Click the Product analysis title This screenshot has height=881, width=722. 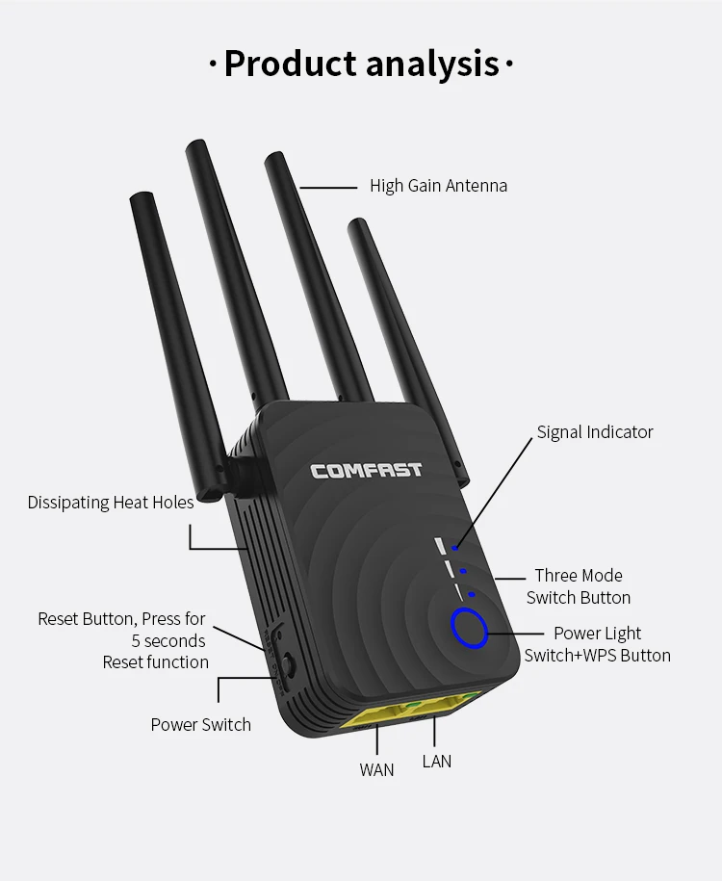click(361, 65)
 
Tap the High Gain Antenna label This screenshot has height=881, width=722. click(438, 186)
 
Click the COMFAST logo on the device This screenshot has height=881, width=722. click(366, 470)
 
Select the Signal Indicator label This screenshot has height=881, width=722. click(595, 432)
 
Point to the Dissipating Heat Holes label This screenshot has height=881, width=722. click(111, 503)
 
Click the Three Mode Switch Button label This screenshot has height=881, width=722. click(579, 586)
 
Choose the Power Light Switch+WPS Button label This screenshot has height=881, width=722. click(597, 644)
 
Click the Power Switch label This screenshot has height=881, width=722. click(200, 724)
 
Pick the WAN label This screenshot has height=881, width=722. click(376, 769)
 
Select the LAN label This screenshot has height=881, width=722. click(436, 761)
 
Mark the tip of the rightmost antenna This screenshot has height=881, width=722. click(357, 224)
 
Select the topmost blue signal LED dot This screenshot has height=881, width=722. click(454, 547)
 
